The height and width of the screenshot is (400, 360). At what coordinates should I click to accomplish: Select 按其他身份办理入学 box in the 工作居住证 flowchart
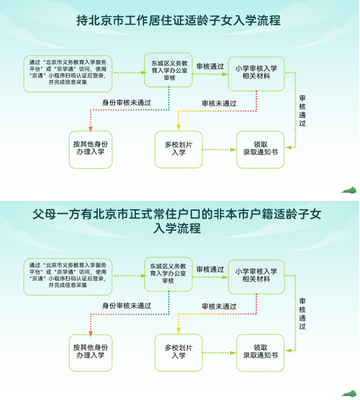coord(90,149)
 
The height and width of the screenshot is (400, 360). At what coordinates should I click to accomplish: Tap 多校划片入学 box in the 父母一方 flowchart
coord(178,352)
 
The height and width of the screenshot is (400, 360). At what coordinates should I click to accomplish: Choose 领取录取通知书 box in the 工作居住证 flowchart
coord(260,149)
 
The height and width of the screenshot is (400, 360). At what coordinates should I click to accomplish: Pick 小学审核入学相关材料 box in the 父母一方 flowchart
coord(256,276)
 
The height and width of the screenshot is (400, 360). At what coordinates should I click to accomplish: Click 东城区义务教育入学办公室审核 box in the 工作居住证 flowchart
coord(168,70)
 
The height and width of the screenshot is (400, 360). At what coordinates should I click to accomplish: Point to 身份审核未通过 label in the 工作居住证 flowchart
coord(127,103)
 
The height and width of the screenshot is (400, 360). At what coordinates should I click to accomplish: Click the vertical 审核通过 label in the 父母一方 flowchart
coord(303,314)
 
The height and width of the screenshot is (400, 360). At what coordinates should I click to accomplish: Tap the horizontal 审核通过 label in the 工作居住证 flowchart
coord(210,66)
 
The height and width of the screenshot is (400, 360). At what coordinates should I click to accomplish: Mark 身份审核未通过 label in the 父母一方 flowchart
coord(127,306)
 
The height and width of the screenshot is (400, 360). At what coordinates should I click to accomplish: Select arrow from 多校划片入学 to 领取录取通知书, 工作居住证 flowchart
coord(219,150)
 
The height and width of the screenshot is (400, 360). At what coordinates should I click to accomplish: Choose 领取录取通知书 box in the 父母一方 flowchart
coord(260,352)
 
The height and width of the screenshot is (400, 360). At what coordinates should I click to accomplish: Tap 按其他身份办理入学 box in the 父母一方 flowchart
coord(90,352)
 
